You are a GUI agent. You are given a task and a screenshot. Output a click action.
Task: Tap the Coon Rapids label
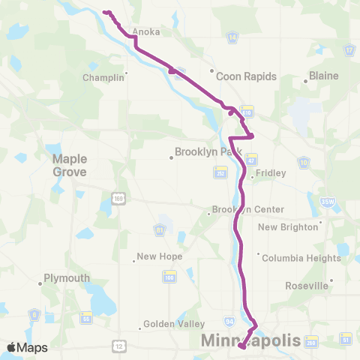[246, 76]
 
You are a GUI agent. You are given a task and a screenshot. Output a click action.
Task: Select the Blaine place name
[324, 76]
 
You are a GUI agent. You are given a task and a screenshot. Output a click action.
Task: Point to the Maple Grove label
[70, 165]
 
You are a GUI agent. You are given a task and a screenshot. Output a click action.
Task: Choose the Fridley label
[271, 172]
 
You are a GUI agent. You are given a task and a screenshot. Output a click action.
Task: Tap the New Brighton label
[289, 226]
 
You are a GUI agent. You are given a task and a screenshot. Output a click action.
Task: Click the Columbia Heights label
[301, 257]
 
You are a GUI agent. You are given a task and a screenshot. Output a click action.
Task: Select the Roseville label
[307, 285]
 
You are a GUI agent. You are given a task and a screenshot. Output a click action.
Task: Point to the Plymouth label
[67, 277]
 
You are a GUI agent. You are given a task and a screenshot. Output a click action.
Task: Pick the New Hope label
[160, 256]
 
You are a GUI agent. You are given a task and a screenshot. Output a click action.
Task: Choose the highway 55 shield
[86, 317]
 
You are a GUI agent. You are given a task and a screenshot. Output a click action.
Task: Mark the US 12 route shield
[119, 344]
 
